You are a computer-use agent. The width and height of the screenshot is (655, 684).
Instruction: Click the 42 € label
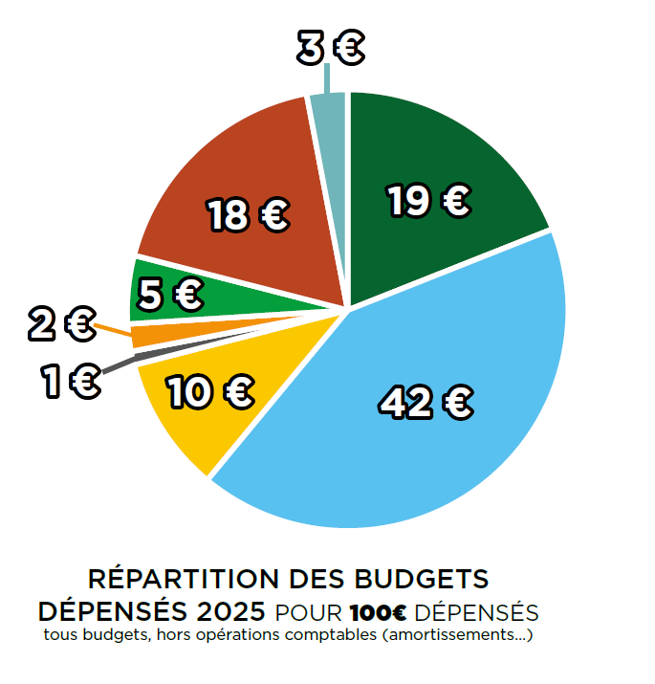(426, 402)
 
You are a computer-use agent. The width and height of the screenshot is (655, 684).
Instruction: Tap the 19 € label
(428, 201)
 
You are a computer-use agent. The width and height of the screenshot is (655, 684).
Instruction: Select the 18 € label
(249, 216)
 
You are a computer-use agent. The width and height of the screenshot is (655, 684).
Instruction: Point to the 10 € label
(209, 390)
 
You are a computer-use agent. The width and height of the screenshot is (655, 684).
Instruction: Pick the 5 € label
(170, 295)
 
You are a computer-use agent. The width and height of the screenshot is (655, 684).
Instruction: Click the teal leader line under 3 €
(327, 78)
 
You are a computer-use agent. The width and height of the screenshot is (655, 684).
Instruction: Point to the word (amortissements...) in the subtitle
(456, 634)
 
